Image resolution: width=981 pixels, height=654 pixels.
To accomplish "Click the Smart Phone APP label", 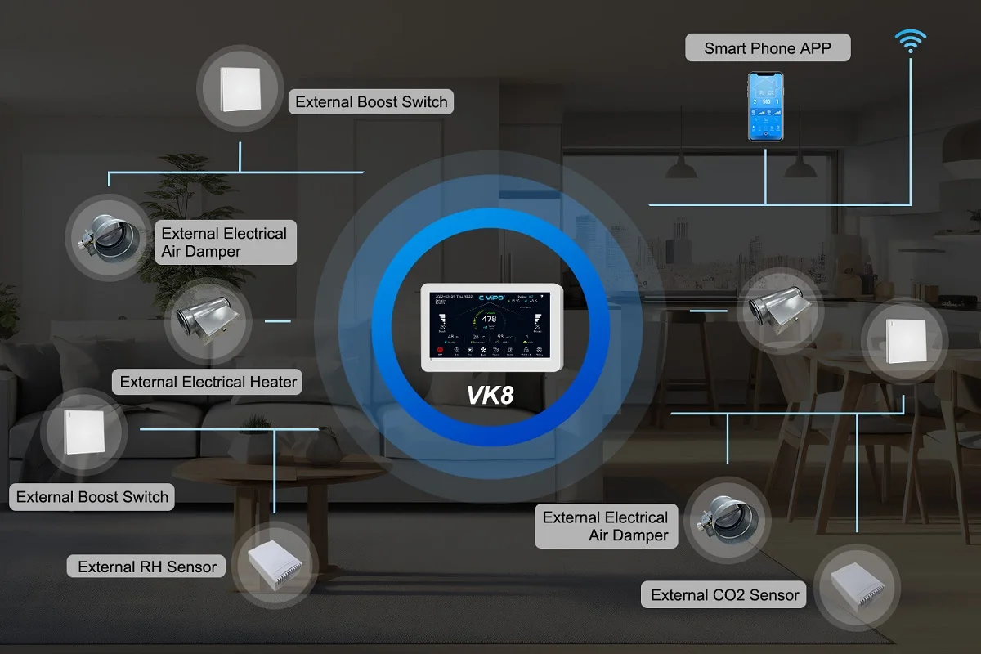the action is click(768, 48).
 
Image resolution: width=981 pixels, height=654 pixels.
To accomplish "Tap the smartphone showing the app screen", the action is click(765, 106).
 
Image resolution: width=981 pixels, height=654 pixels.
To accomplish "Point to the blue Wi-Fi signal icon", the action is click(910, 40).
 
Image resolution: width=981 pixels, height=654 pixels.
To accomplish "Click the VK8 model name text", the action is click(490, 396).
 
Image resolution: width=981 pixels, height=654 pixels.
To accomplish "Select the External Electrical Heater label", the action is click(208, 382).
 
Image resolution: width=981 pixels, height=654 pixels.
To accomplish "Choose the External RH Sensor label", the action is click(147, 567).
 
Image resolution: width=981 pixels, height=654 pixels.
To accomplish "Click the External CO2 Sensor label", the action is click(724, 595).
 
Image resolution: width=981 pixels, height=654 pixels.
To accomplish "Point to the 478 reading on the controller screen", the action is click(489, 318).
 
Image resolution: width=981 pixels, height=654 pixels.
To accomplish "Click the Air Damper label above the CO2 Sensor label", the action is click(606, 526).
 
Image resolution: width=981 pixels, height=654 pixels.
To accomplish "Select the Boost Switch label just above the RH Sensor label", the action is click(92, 497).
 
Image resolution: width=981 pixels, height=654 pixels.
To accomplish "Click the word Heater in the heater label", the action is click(273, 382).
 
